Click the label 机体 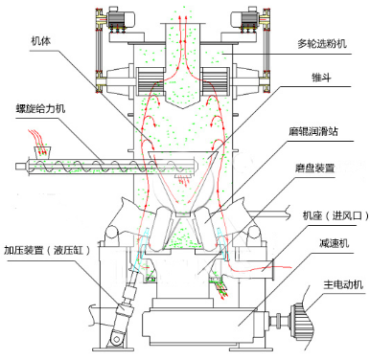[40, 41]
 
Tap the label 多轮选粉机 [322, 43]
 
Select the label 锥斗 [321, 78]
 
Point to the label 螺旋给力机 [40, 109]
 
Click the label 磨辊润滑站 [313, 131]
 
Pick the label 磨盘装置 [314, 168]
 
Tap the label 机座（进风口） [335, 216]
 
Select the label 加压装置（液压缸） [47, 250]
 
